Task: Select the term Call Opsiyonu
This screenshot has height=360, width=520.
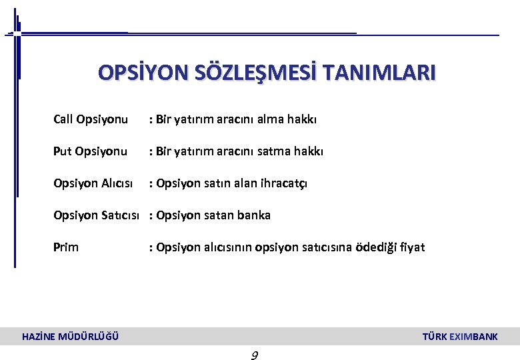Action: click(x=91, y=119)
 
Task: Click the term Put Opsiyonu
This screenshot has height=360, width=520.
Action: click(x=90, y=151)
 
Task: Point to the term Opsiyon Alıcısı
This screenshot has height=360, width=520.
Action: click(x=93, y=183)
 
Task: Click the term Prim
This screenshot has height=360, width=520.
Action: click(x=66, y=247)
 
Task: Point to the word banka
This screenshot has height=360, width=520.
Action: click(x=254, y=215)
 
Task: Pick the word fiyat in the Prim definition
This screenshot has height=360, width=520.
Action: click(x=411, y=247)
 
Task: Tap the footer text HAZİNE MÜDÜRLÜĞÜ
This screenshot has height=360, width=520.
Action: click(x=71, y=337)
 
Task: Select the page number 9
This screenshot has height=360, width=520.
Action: click(x=254, y=355)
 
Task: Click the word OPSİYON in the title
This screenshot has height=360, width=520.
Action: click(x=139, y=72)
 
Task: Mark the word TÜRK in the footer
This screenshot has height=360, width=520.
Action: click(x=435, y=337)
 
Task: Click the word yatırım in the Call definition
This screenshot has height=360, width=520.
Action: click(x=197, y=119)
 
